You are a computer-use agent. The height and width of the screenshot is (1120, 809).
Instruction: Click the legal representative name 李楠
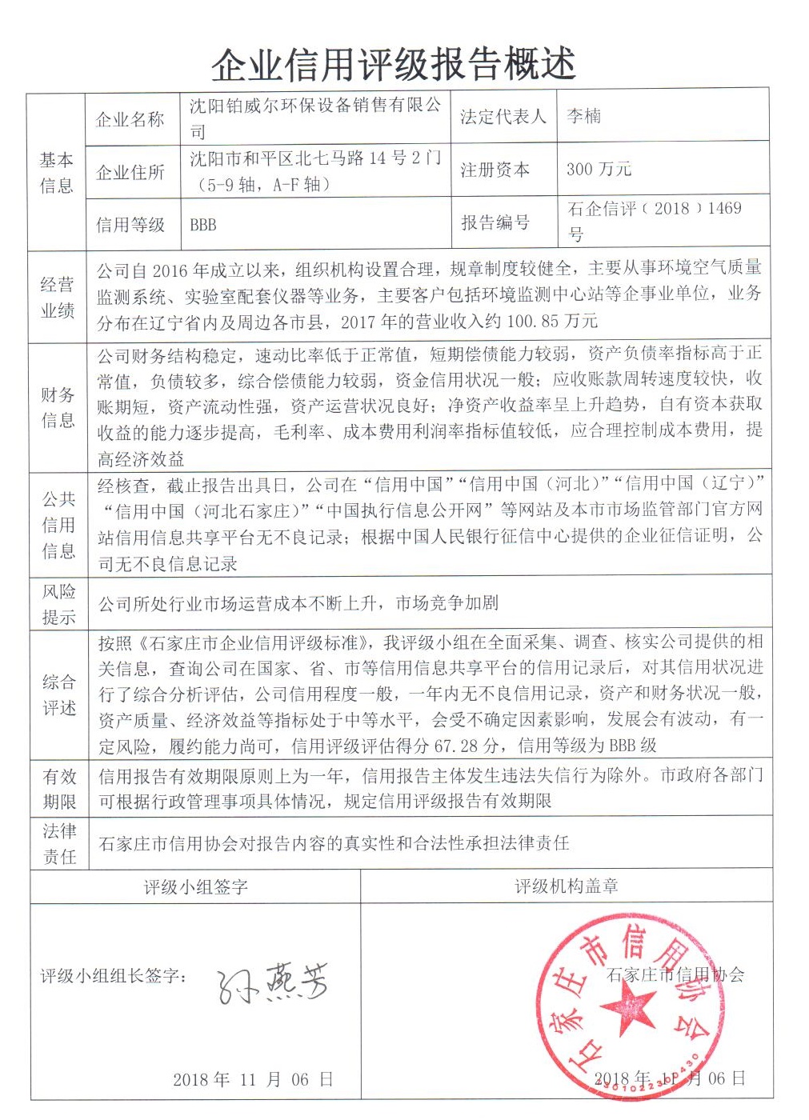click(x=583, y=116)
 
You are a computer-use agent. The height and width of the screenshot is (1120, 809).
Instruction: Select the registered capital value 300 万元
click(x=599, y=169)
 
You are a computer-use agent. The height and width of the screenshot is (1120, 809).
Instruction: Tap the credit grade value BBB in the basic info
click(x=203, y=225)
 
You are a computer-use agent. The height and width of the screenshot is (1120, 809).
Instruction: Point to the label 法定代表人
click(x=503, y=117)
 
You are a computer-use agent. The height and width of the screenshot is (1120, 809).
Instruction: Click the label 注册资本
click(x=495, y=170)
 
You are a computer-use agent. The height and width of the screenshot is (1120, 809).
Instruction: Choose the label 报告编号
click(x=495, y=222)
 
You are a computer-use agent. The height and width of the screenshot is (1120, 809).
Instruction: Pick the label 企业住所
click(x=130, y=172)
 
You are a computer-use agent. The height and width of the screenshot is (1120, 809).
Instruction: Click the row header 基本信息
click(x=56, y=172)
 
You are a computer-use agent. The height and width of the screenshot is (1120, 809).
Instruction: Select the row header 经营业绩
click(x=57, y=298)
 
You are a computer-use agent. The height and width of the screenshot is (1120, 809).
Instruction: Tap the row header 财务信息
click(x=58, y=407)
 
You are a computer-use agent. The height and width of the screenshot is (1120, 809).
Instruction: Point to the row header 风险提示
click(x=58, y=604)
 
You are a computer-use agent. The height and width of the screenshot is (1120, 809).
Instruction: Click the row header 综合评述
click(x=58, y=694)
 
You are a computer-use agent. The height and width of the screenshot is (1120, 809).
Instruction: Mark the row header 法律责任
click(x=59, y=843)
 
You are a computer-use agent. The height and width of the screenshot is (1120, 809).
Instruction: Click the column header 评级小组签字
click(x=195, y=886)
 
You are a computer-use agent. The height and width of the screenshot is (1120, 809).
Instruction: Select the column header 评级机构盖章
click(x=566, y=886)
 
